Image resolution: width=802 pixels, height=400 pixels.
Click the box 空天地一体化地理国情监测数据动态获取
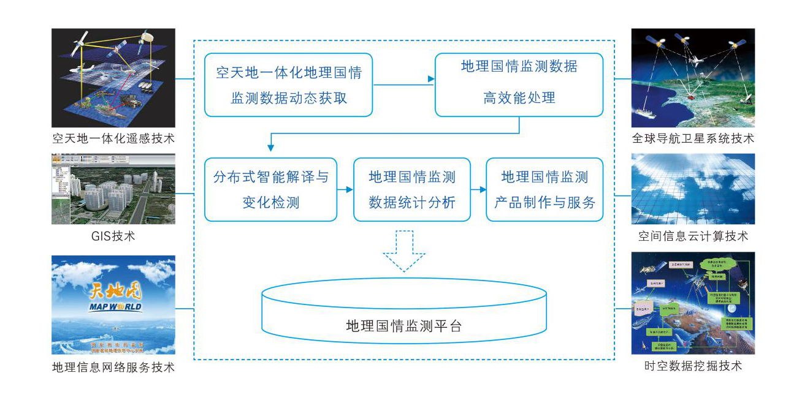pyautogui.click(x=288, y=85)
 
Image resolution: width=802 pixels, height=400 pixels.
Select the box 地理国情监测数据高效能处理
pyautogui.click(x=519, y=85)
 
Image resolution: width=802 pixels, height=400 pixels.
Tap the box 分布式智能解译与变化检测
pyautogui.click(x=270, y=189)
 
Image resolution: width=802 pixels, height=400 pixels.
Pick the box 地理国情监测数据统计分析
pyautogui.click(x=411, y=189)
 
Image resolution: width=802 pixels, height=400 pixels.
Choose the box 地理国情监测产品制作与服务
pyautogui.click(x=544, y=189)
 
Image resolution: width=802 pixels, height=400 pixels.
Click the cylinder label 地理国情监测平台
pyautogui.click(x=403, y=326)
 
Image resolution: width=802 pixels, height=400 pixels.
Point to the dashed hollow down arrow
pyautogui.click(x=403, y=251)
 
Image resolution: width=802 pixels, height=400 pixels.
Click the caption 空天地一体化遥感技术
pyautogui.click(x=113, y=138)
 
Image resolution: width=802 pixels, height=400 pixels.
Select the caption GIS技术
pyautogui.click(x=113, y=236)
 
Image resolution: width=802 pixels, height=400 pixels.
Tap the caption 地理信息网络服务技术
pyautogui.click(x=113, y=368)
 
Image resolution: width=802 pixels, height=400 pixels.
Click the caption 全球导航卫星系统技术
pyautogui.click(x=693, y=138)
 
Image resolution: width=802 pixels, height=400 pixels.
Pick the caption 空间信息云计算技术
pyautogui.click(x=693, y=236)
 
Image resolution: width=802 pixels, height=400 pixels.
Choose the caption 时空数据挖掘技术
pyautogui.click(x=693, y=366)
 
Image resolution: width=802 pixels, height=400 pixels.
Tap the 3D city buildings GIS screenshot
pyautogui.click(x=113, y=189)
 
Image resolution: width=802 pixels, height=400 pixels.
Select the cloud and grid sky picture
pyautogui.click(x=693, y=189)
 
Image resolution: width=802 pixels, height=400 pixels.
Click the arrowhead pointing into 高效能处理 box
pyautogui.click(x=431, y=79)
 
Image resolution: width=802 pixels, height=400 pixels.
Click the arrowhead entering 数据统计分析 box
pyautogui.click(x=349, y=190)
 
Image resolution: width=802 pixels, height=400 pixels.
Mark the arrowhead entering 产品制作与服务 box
pyautogui.click(x=482, y=190)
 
